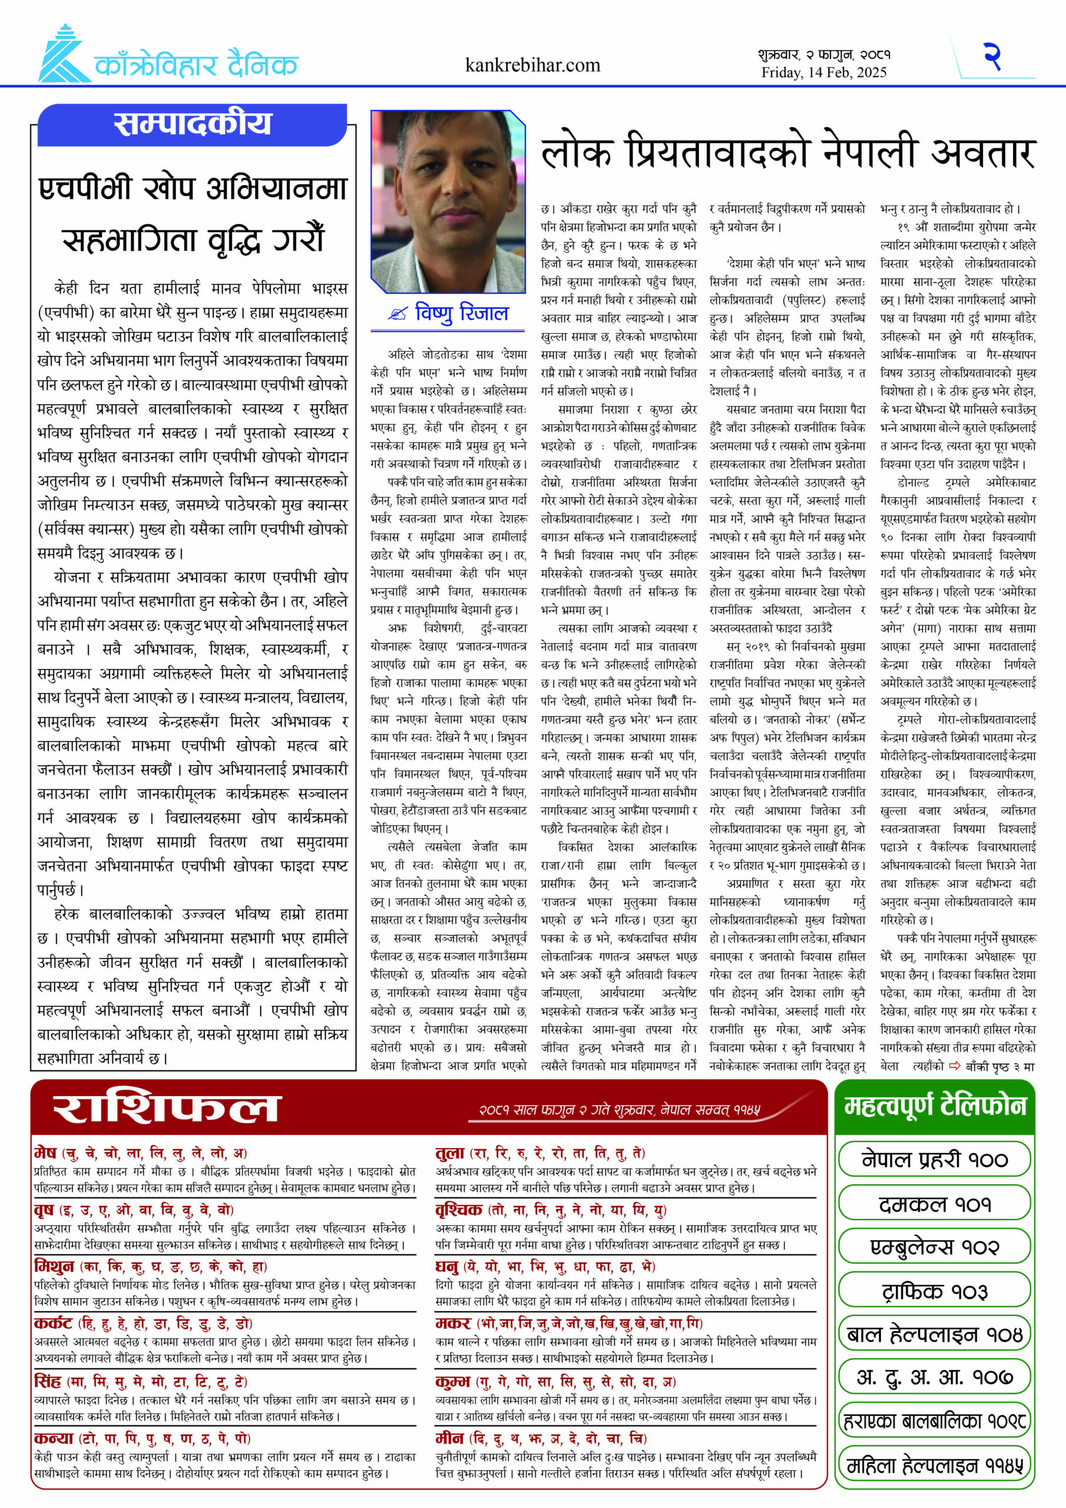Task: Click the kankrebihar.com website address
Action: click(x=532, y=65)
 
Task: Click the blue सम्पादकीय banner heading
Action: click(x=192, y=124)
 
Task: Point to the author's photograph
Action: click(x=448, y=201)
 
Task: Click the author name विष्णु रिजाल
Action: click(x=462, y=313)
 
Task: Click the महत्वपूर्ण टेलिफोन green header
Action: click(x=935, y=1107)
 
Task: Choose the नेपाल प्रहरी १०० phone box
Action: click(x=934, y=1160)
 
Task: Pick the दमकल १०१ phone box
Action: click(x=934, y=1204)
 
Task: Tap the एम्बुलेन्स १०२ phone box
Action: click(x=934, y=1247)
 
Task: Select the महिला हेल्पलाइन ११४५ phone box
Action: click(x=934, y=1466)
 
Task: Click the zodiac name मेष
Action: click(x=45, y=1153)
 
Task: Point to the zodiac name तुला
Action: click(x=450, y=1153)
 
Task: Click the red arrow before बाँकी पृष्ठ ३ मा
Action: click(x=954, y=1066)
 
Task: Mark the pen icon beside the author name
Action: click(x=397, y=315)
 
